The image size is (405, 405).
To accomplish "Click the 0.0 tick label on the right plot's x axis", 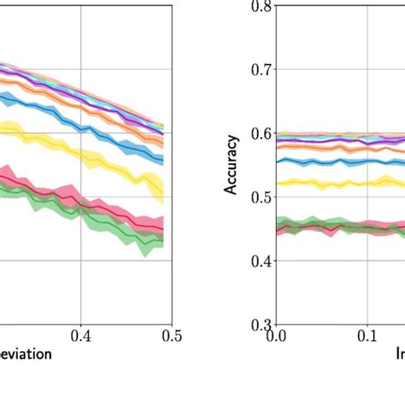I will pos(276,337).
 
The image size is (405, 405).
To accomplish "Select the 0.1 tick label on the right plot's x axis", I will pos(367,337).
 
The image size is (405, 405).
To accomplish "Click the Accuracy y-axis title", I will pos(232,165).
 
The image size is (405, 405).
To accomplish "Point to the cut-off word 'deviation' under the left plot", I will pos(26,353).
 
